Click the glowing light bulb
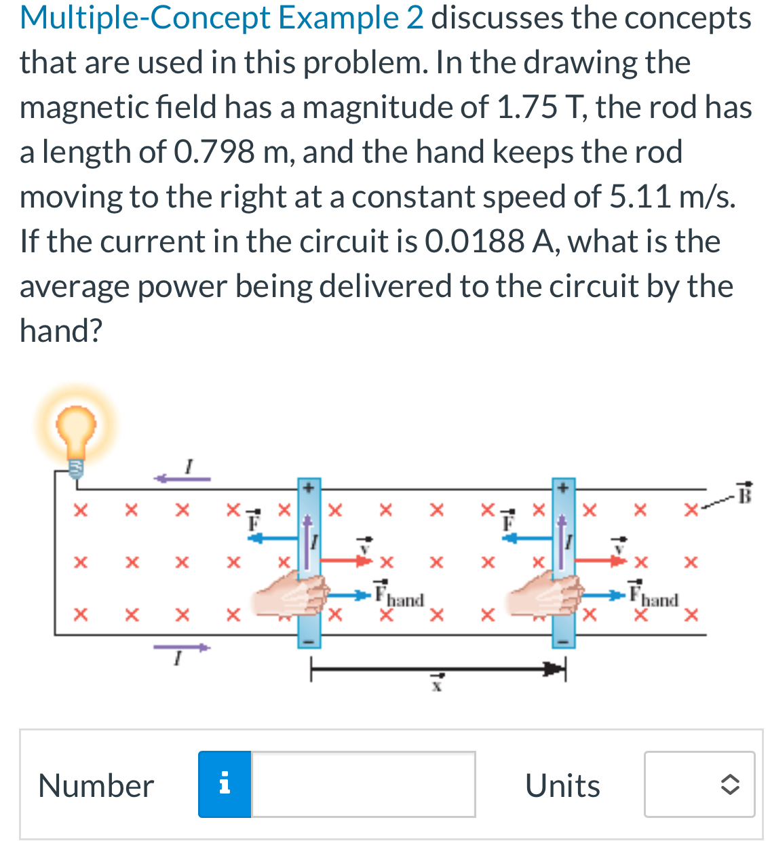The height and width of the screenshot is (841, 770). [75, 429]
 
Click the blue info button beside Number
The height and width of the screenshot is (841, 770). [225, 784]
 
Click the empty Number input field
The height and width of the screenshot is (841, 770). [363, 784]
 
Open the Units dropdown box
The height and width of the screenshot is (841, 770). [699, 784]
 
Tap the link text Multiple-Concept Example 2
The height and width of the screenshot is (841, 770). [222, 18]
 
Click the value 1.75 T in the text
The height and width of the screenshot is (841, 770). [537, 107]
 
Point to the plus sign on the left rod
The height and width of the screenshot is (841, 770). [308, 486]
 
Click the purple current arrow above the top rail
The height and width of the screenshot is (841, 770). [182, 478]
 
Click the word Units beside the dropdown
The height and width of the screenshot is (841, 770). [562, 785]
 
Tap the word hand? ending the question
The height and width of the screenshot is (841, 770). [61, 331]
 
